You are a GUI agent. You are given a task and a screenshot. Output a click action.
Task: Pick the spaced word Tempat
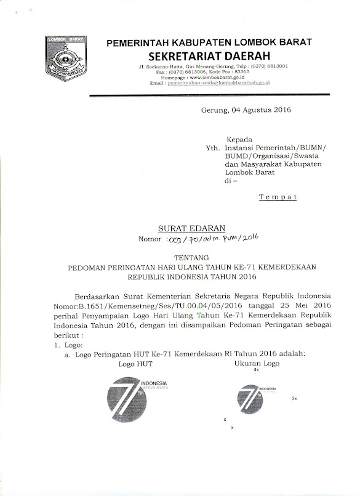[x=278, y=197]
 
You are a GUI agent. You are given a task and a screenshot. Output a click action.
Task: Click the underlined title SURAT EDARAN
[x=183, y=228]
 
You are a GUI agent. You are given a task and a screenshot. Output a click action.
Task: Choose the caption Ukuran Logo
[x=257, y=364]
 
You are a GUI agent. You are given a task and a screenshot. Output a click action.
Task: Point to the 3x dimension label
[x=294, y=399]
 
